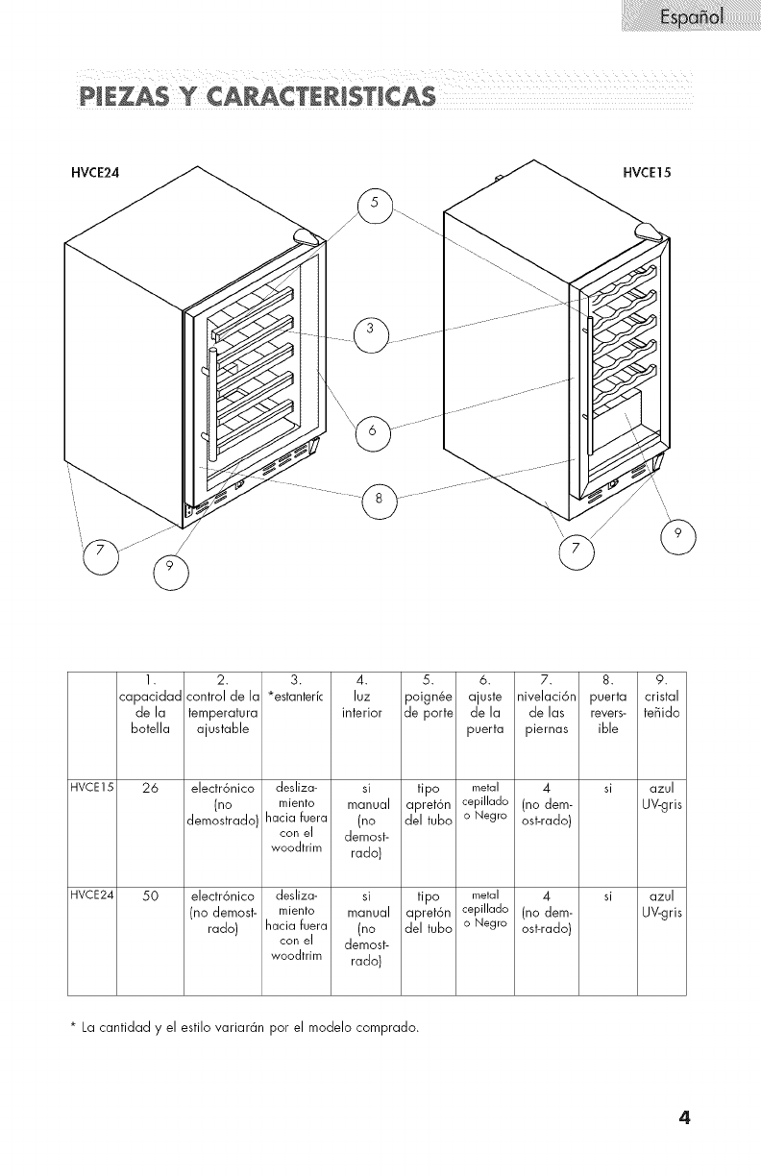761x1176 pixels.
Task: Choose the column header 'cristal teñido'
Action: click(x=663, y=698)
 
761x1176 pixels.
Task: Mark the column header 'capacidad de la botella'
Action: click(x=149, y=707)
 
